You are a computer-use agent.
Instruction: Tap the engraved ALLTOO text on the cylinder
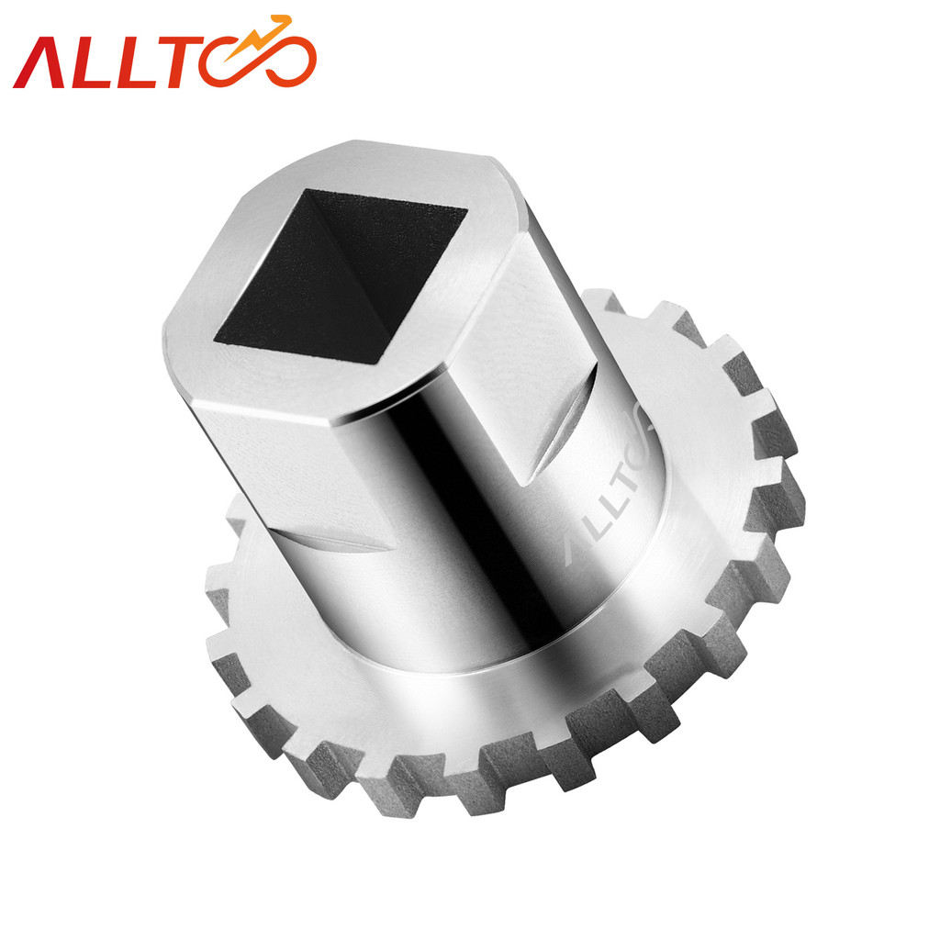click(x=606, y=487)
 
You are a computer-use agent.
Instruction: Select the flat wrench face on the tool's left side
click(x=266, y=468)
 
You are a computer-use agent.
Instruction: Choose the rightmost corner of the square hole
click(x=467, y=211)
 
